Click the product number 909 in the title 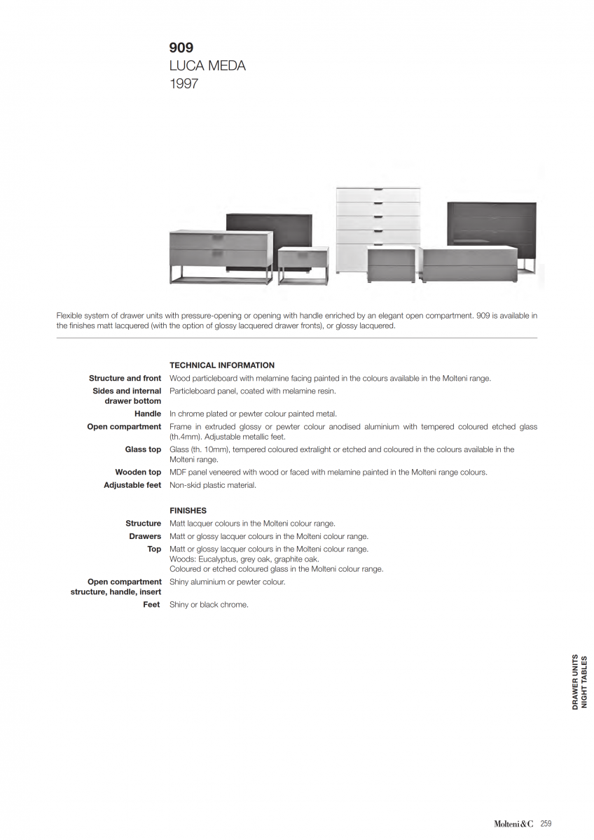click(181, 48)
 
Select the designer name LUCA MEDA click(207, 66)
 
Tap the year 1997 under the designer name click(184, 84)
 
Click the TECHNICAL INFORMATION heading click(222, 365)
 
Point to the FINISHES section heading click(188, 511)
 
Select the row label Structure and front click(125, 379)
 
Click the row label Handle click(148, 414)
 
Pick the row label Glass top click(143, 449)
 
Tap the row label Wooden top click(138, 472)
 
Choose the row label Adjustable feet click(132, 485)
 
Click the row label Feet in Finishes click(152, 605)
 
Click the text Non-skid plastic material click(213, 485)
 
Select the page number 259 click(546, 824)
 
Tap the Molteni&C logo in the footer click(513, 824)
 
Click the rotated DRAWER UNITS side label click(575, 682)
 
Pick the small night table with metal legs click(303, 265)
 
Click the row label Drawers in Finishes click(145, 537)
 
